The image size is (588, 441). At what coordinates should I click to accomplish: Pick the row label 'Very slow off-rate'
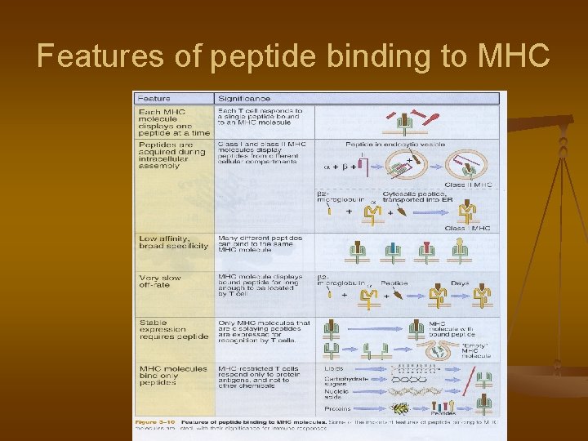point(160,282)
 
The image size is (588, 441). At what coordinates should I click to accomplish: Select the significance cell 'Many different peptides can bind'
point(260,242)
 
